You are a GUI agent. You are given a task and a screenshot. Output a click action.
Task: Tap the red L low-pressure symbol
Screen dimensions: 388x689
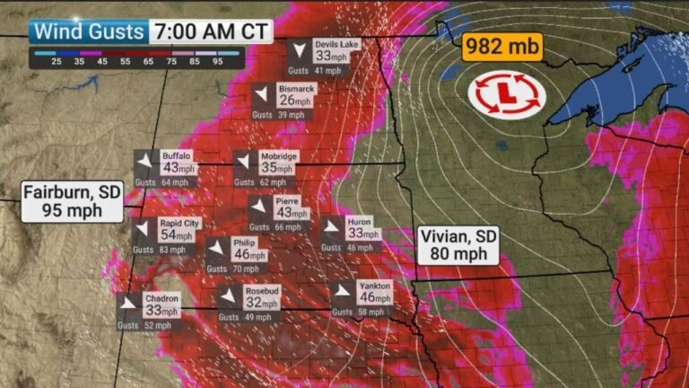(507, 93)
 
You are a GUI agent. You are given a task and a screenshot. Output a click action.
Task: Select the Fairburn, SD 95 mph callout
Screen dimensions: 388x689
(73, 201)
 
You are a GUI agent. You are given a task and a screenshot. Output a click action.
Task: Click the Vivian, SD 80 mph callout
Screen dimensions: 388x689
(458, 245)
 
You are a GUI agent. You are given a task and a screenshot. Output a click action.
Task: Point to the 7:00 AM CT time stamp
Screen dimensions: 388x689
(210, 31)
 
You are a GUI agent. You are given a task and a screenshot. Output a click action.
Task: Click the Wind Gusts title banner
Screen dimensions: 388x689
(87, 31)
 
